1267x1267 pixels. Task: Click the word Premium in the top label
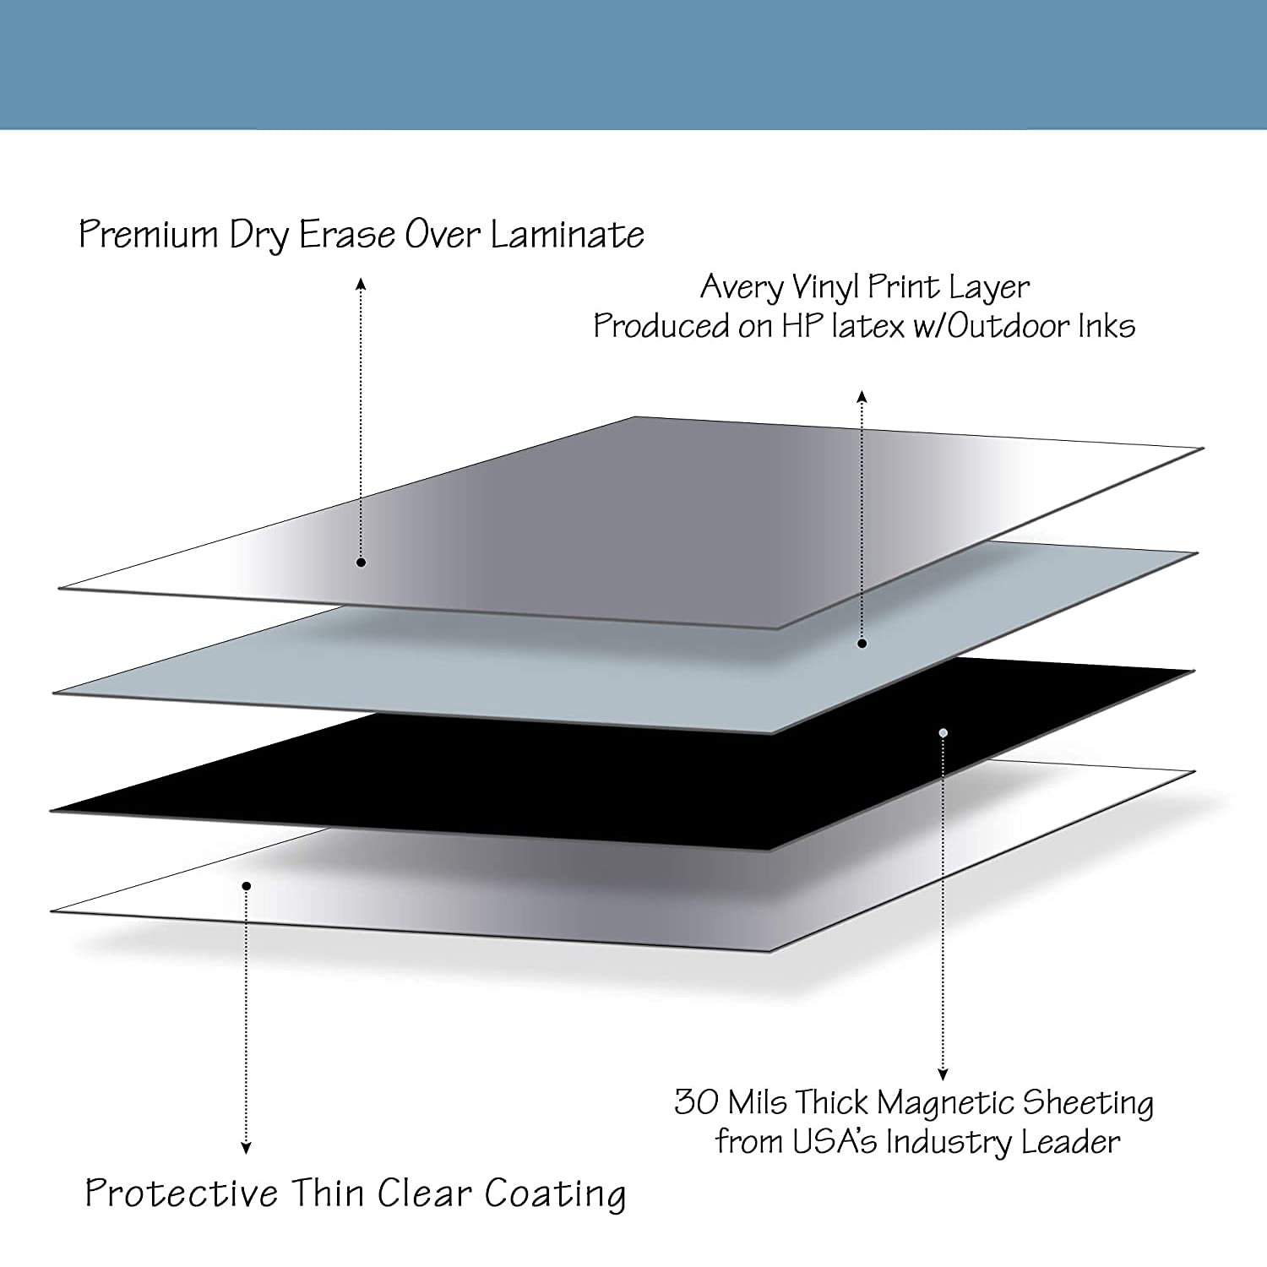[149, 235]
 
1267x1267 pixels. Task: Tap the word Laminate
[567, 235]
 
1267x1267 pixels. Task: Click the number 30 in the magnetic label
[696, 1102]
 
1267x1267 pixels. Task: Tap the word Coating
[555, 1195]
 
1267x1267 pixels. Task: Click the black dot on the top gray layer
[361, 562]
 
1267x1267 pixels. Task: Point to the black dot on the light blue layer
[862, 644]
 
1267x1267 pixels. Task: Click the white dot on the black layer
[943, 732]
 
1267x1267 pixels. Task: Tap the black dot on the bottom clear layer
[246, 885]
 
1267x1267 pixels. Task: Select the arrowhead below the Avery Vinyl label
[862, 396]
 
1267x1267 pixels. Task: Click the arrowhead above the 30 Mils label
[943, 1075]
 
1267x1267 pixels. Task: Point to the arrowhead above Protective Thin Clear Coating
[246, 1148]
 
